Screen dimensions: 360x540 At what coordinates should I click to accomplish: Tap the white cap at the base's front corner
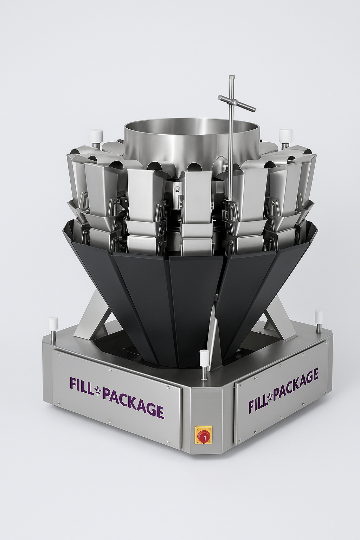[204, 355]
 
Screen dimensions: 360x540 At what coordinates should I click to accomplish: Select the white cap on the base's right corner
[319, 315]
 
